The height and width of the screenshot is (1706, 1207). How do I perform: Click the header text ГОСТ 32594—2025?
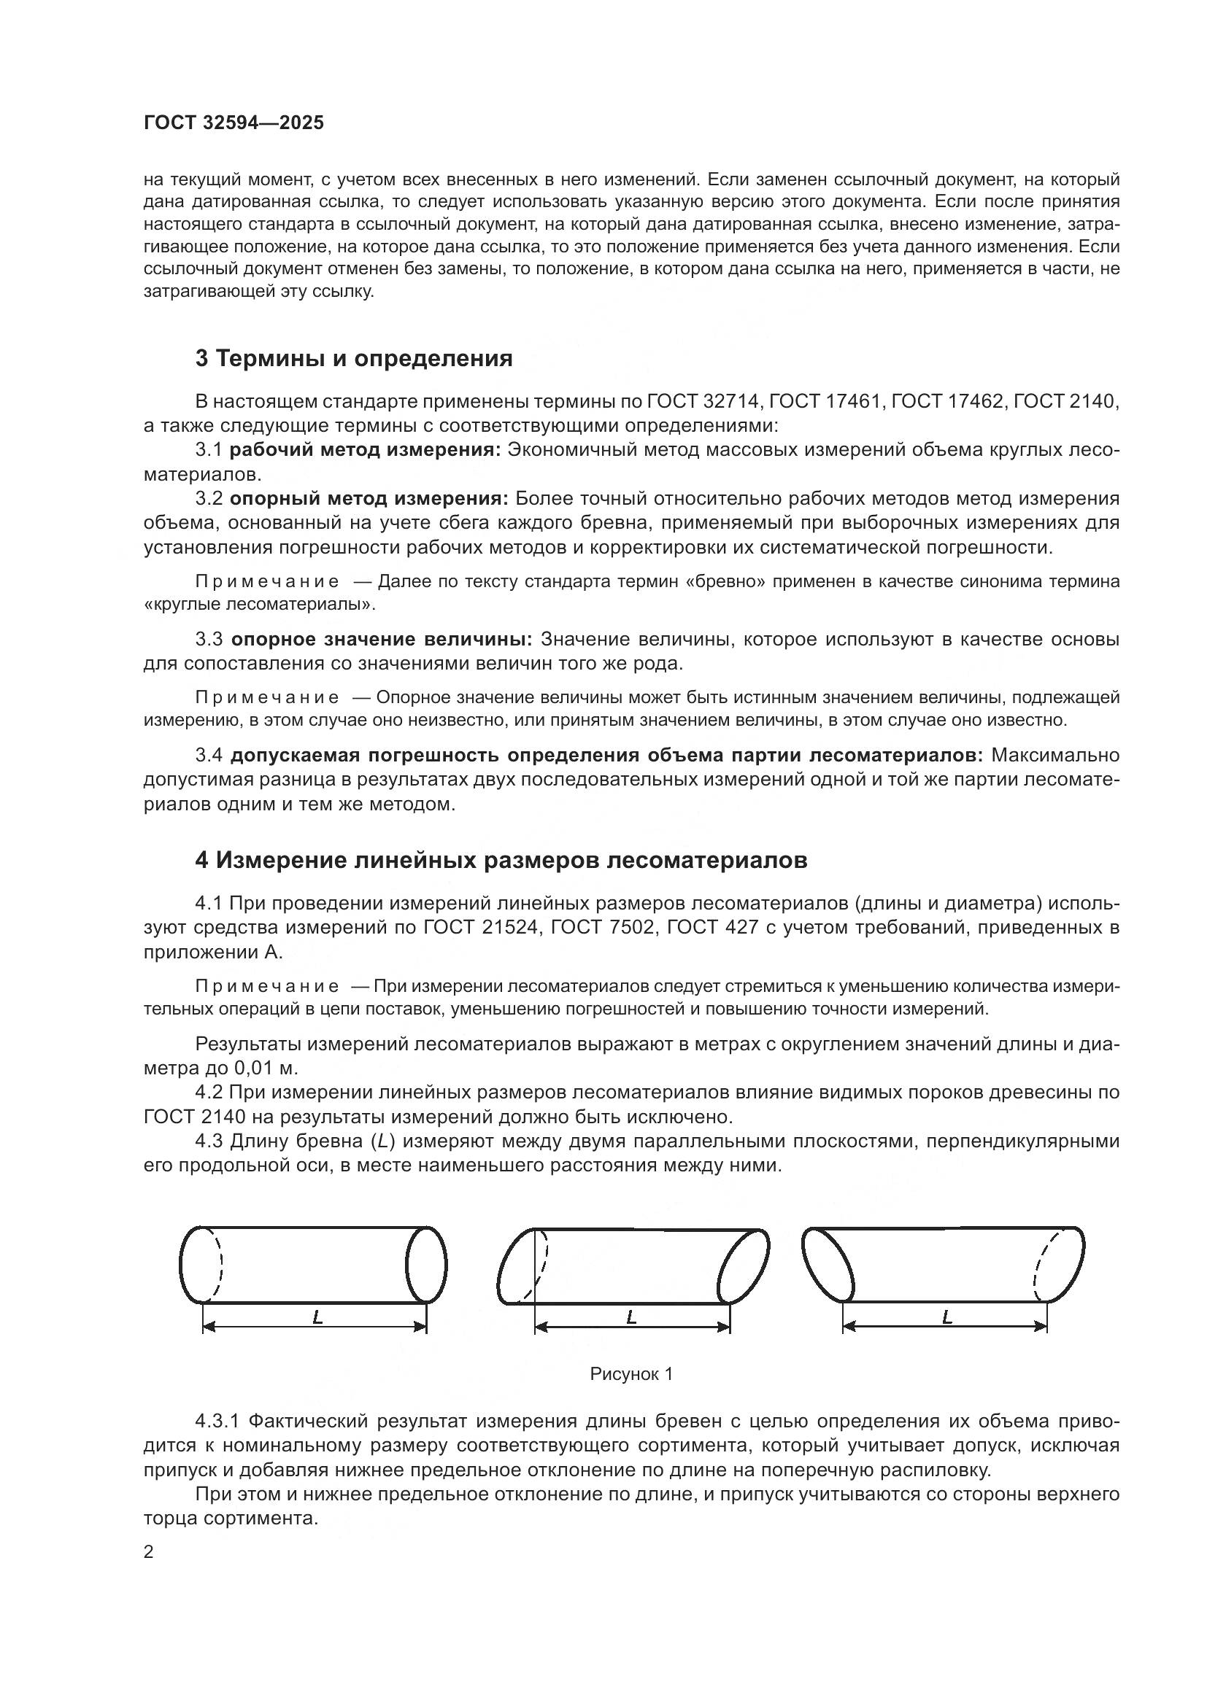234,123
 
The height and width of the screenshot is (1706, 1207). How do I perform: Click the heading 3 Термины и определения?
354,359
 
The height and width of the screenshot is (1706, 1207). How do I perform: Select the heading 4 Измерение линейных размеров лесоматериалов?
501,861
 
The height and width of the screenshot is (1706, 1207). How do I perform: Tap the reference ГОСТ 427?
702,928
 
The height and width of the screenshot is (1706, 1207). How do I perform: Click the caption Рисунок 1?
631,1375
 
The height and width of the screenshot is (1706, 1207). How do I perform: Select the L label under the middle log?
632,1317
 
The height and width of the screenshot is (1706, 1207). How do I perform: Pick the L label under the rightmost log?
947,1317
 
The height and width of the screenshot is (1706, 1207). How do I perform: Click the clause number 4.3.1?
217,1422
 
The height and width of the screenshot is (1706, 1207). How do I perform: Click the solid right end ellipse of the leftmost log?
427,1265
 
